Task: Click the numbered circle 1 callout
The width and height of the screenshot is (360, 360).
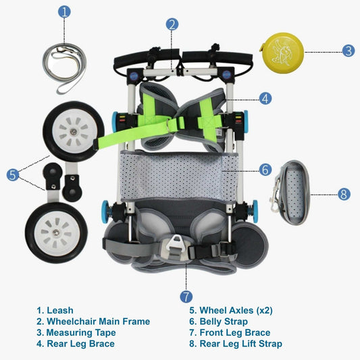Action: (64, 11)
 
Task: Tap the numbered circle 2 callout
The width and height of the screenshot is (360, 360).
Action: (172, 24)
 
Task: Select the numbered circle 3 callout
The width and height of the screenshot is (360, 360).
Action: (348, 50)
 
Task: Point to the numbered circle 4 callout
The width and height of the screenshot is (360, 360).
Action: (265, 98)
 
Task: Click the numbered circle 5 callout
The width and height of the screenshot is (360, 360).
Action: (13, 174)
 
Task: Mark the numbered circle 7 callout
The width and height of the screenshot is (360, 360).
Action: (186, 297)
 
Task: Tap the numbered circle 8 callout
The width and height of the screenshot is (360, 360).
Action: (344, 194)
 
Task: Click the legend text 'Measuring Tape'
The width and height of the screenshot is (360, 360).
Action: (76, 332)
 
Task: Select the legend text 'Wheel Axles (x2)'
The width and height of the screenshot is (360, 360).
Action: (233, 311)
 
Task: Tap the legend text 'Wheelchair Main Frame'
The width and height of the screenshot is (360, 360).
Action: (93, 322)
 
